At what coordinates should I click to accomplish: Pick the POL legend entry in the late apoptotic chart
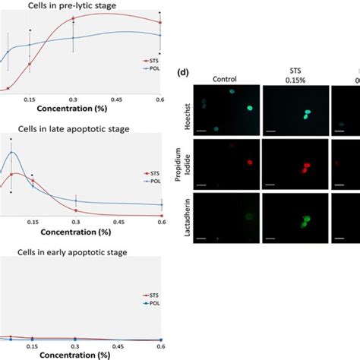[152, 191]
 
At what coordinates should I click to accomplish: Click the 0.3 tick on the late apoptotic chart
[74, 222]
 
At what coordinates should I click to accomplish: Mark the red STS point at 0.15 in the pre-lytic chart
[30, 64]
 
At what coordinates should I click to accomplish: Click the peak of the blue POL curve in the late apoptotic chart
[11, 153]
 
